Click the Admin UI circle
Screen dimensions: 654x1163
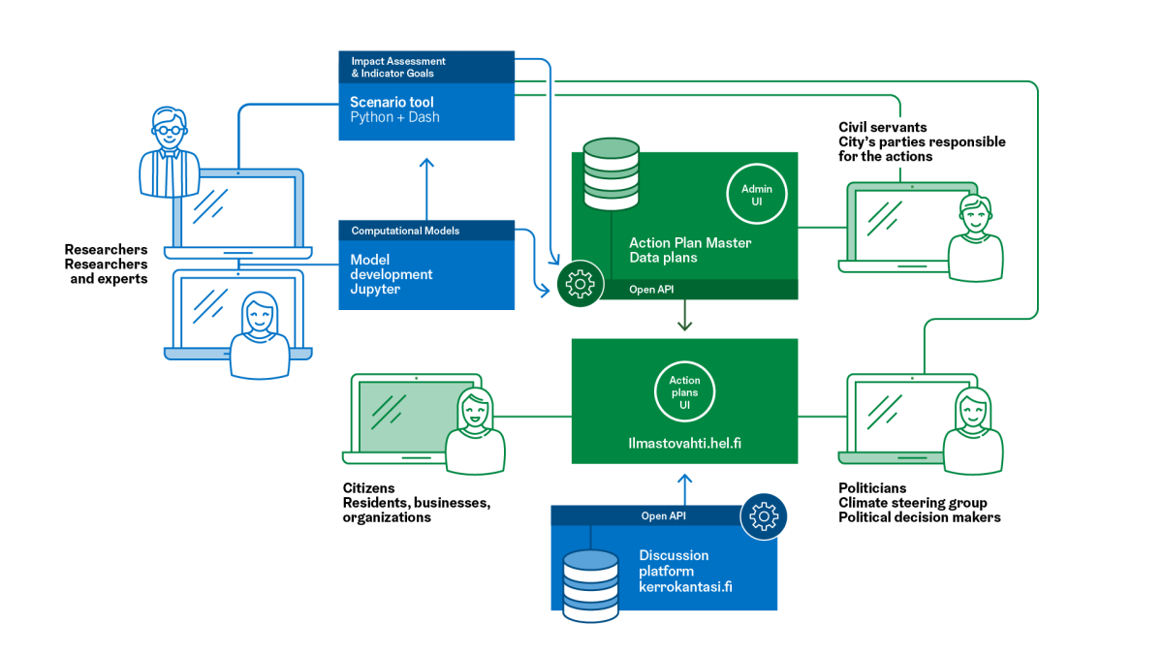[757, 195]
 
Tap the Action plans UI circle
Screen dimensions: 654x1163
[684, 392]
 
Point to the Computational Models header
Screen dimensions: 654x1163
[405, 231]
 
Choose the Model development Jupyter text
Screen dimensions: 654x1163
[392, 274]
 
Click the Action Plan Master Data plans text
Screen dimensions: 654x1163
[690, 250]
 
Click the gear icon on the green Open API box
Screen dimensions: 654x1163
[580, 284]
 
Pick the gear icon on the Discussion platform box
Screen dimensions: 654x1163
[764, 517]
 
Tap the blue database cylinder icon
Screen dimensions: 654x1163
[590, 584]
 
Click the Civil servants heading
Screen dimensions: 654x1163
[882, 127]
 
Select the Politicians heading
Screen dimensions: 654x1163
[872, 488]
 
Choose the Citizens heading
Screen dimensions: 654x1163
[368, 488]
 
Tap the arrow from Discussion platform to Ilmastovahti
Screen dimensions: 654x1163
[685, 488]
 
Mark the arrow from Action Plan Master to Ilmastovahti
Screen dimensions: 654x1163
[685, 316]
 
